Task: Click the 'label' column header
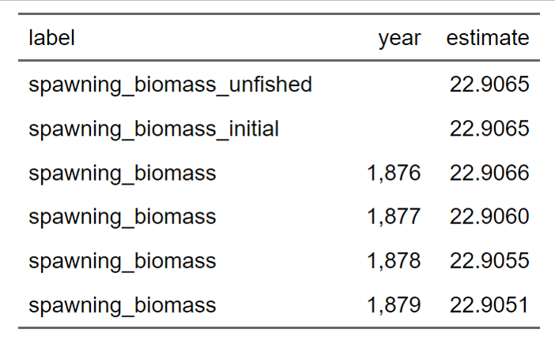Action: coord(51,38)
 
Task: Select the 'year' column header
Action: coord(399,38)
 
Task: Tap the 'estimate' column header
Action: coord(488,38)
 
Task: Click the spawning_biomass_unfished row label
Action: coord(170,84)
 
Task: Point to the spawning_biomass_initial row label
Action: coord(153,129)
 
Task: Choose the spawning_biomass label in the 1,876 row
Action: coord(122,173)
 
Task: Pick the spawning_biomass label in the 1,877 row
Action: coord(122,217)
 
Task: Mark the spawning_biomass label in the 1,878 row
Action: coord(122,261)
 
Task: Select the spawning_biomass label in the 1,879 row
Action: coord(122,305)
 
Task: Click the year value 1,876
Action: coord(394,173)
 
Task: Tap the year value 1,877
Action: coord(394,217)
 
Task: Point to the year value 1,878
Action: coord(394,261)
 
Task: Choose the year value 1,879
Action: coord(394,305)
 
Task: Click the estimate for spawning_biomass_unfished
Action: coord(489,84)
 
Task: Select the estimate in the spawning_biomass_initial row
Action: coord(489,129)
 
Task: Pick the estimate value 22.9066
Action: coord(489,173)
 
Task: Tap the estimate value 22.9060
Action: coord(489,217)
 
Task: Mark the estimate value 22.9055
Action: coord(489,261)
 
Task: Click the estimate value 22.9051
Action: coord(489,305)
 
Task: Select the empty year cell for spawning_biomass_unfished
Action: coord(394,84)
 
